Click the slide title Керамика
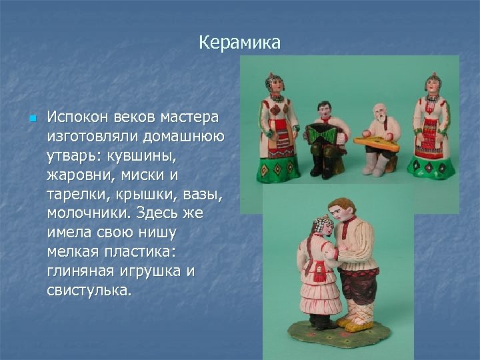point(239,43)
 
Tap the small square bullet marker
point(31,119)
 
